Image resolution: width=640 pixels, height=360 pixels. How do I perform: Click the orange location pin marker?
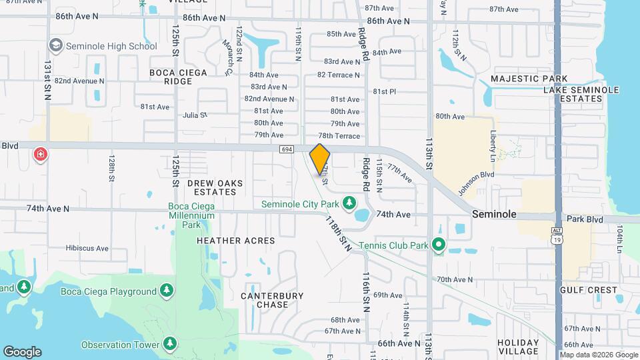point(320,159)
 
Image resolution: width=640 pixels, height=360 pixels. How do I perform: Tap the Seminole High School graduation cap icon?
point(55,46)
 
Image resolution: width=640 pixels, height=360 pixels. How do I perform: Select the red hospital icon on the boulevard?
point(41,155)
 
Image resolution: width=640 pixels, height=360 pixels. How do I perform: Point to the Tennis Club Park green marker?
point(438,245)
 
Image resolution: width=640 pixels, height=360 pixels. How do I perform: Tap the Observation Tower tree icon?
point(170,344)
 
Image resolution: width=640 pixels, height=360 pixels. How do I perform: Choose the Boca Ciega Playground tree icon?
point(166,291)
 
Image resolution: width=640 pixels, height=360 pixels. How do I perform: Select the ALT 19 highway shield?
point(556,233)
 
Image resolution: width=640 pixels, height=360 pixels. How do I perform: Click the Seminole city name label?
point(494,215)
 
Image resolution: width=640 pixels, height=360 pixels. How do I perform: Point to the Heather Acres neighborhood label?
point(236,240)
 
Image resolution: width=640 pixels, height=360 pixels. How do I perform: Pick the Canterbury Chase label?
point(272,300)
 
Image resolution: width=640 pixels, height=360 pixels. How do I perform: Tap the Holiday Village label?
point(518,347)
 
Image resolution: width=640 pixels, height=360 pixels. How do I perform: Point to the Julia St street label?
point(195,115)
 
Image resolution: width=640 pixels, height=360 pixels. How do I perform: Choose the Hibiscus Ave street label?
point(87,248)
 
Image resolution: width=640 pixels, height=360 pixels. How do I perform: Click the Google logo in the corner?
point(22,351)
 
